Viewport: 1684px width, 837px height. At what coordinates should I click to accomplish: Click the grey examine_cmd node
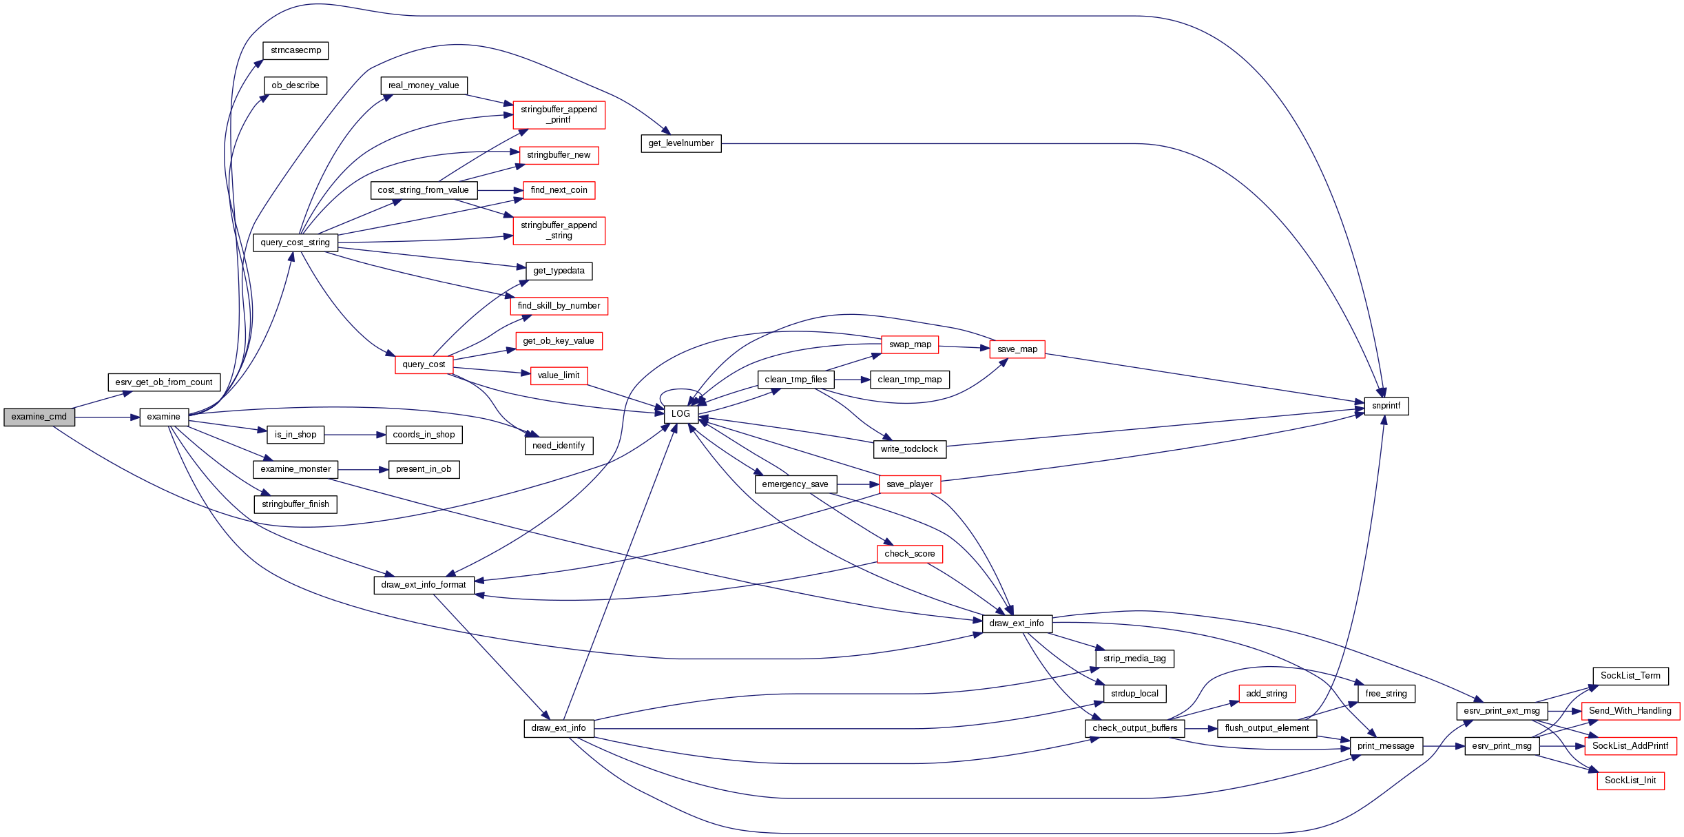tap(39, 417)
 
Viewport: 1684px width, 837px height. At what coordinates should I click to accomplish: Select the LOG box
tap(681, 414)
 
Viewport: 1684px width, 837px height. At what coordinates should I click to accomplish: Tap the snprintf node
tap(1386, 406)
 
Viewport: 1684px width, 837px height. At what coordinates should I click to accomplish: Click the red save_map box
tap(1017, 349)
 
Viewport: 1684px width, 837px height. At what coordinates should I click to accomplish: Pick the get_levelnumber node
tap(680, 143)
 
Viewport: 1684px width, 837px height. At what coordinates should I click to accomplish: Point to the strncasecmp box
tap(295, 50)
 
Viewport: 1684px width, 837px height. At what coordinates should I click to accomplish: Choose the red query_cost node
tap(424, 364)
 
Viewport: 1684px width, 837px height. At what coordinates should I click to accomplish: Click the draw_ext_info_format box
tap(424, 585)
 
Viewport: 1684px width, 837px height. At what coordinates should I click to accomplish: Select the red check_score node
tap(909, 554)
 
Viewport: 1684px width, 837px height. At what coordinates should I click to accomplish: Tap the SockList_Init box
tap(1630, 781)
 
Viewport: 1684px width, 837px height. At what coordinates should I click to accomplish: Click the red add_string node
tap(1266, 694)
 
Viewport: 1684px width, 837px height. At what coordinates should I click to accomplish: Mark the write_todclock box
tap(909, 449)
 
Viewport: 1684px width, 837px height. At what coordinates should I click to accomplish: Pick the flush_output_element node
tap(1267, 728)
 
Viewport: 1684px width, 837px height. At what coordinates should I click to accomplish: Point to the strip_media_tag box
tap(1134, 659)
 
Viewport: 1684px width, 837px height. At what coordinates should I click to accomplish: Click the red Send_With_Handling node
tap(1630, 711)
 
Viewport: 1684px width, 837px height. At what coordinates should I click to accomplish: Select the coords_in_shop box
tap(424, 435)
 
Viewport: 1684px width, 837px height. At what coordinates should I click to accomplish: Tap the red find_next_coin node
tap(559, 190)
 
